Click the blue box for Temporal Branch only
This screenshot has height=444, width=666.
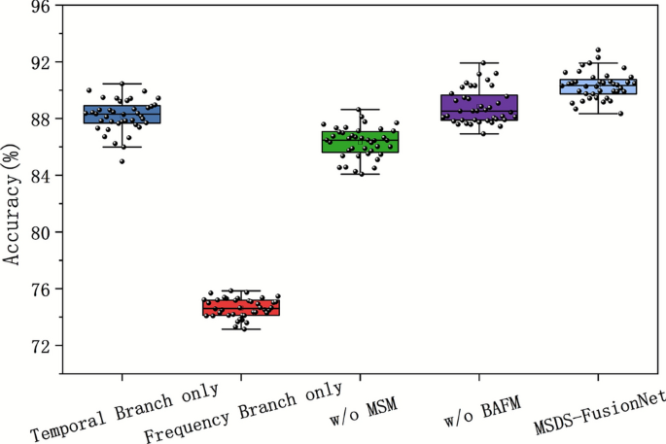click(x=123, y=114)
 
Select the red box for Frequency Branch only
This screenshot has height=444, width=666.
click(x=241, y=308)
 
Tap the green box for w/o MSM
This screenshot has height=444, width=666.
click(x=361, y=142)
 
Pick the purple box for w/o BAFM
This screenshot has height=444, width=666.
click(x=479, y=107)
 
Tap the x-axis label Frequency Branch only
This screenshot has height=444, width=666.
click(x=243, y=411)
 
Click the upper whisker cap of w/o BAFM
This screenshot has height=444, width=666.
click(x=479, y=63)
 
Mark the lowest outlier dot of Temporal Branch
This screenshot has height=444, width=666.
click(x=122, y=161)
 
